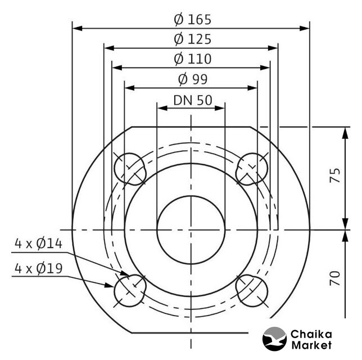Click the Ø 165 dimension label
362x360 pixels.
(x=193, y=20)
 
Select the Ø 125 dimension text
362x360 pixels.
(x=193, y=39)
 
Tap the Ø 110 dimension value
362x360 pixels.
(x=193, y=59)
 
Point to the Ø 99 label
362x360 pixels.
(x=193, y=79)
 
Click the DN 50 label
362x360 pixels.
(x=193, y=101)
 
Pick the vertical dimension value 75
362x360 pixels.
(x=335, y=175)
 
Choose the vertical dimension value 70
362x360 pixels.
(x=335, y=278)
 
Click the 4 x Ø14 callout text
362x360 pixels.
(x=39, y=244)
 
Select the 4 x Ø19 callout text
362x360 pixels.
(x=39, y=268)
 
